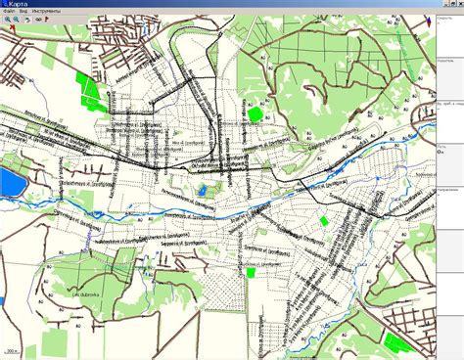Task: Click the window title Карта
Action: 22,5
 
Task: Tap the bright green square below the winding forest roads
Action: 256,113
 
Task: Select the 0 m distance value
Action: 441,152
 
